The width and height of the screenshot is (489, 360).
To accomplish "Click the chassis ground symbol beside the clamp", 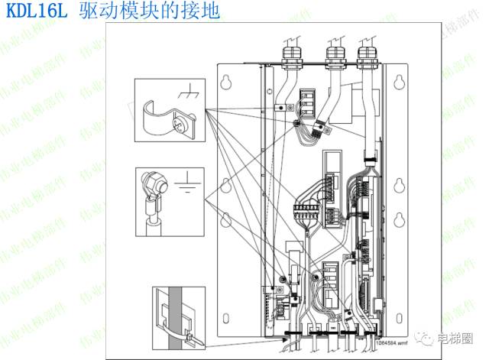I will click(x=186, y=93).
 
